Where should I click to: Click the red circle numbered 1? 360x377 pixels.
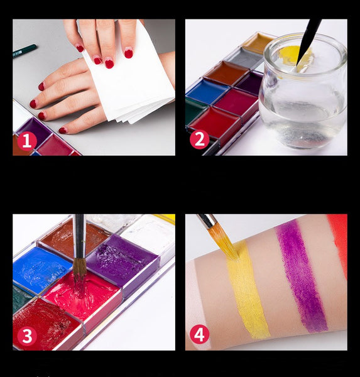[26, 141]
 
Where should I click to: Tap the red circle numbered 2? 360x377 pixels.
[200, 139]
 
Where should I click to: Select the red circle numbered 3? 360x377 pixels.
[26, 336]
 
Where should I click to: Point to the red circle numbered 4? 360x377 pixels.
[200, 335]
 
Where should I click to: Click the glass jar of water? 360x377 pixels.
[303, 91]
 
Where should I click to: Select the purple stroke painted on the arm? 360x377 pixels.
[302, 276]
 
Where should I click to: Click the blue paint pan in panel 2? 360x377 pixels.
[207, 92]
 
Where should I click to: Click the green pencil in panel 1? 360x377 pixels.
[25, 51]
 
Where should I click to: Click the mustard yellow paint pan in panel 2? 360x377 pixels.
[258, 43]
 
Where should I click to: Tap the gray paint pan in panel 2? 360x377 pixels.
[245, 58]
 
